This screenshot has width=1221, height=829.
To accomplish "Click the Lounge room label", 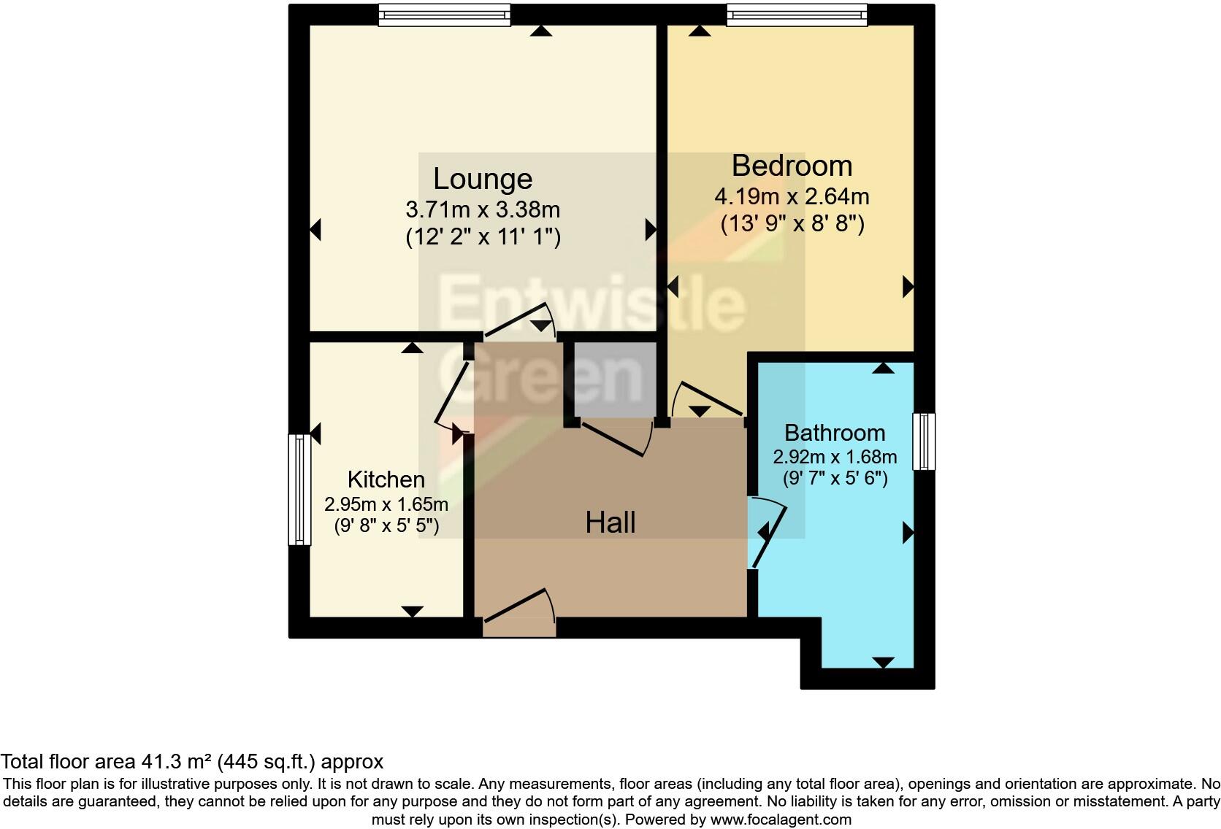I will click(x=482, y=179).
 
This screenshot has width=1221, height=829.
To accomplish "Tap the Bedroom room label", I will click(x=792, y=166).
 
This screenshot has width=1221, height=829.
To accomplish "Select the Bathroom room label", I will click(x=834, y=433).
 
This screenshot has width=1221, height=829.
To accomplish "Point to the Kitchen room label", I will click(x=386, y=479).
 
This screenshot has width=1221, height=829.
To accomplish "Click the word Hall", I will click(x=610, y=523).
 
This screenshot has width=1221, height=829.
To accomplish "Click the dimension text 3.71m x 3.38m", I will click(x=482, y=210).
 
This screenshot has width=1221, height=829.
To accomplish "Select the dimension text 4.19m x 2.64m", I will click(x=792, y=196).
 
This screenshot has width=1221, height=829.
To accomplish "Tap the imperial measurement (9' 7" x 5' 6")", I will click(x=834, y=479).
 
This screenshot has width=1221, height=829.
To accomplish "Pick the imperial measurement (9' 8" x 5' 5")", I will click(x=386, y=525).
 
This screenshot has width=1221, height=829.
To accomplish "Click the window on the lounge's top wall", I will click(x=444, y=15).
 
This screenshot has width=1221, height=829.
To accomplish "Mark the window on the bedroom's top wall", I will click(x=797, y=15).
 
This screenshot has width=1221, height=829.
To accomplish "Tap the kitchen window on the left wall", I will click(x=299, y=490).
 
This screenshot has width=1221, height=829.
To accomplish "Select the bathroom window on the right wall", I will click(x=924, y=442).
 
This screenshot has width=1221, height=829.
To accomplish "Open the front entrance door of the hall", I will click(x=518, y=617).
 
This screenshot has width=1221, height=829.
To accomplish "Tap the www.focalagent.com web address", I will click(x=780, y=820).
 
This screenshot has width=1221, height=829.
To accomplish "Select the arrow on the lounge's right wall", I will click(x=650, y=230).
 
